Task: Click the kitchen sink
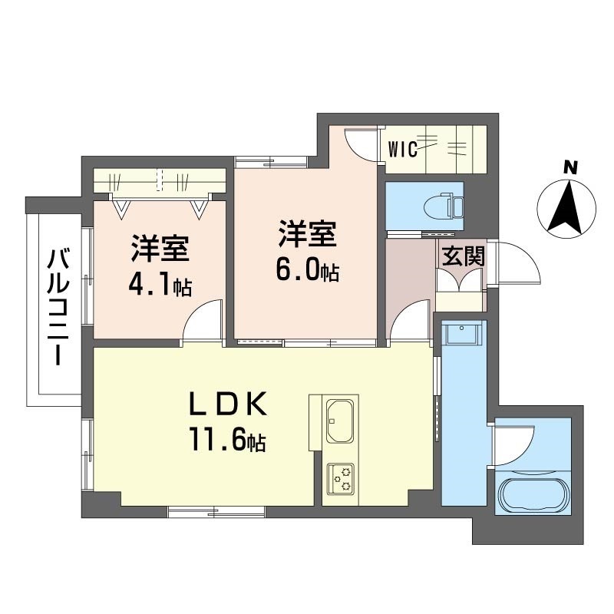(x=338, y=421)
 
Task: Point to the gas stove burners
(x=339, y=478)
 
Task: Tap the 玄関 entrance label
(x=463, y=256)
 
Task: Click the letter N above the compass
(x=569, y=167)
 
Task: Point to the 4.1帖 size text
(x=160, y=287)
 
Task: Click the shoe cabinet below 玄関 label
(x=459, y=282)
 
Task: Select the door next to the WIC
(x=361, y=144)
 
